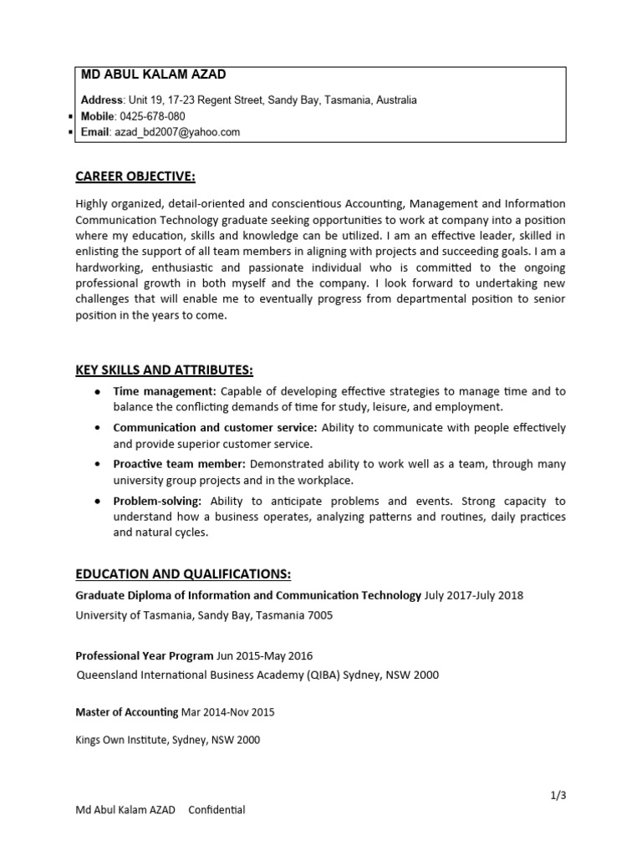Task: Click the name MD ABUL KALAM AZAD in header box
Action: coord(153,74)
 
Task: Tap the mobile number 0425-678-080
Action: coord(152,116)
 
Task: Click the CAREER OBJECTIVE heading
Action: coord(135,176)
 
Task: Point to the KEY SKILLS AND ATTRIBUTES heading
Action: coord(164,370)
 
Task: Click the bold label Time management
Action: coord(164,391)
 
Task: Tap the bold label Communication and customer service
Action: coord(215,428)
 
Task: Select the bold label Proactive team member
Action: coord(179,464)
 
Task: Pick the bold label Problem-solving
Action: coord(157,501)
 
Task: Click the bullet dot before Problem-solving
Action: coord(99,502)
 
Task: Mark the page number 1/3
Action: coord(558,795)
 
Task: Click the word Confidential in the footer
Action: coord(217,810)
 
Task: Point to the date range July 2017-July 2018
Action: coord(474,595)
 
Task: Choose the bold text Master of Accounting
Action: coord(127,712)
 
